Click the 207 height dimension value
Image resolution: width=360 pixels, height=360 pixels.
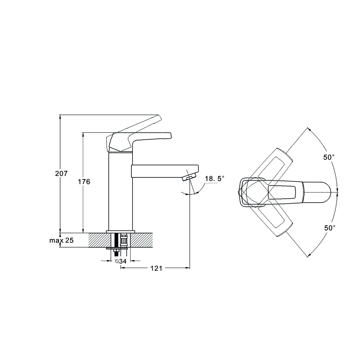coord(61,174)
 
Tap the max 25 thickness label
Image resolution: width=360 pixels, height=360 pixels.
coord(61,240)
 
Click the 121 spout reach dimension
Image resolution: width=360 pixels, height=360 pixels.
coord(156,268)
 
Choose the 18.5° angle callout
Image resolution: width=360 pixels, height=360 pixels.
coord(215,179)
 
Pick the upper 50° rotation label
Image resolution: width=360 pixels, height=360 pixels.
coord(329,157)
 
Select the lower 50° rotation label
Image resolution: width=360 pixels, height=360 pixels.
coord(329,228)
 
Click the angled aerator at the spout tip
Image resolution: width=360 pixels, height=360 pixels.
coord(189,177)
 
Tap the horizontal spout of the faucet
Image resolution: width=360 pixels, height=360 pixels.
coord(162,171)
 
